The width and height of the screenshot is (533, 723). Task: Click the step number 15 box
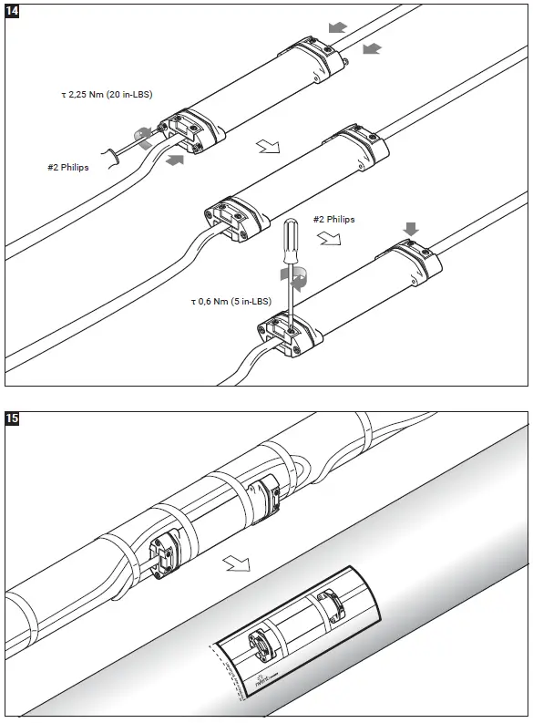[x=13, y=419]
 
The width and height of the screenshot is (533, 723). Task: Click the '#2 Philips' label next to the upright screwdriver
[x=333, y=220]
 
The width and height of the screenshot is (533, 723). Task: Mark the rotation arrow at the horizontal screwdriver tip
[x=142, y=136]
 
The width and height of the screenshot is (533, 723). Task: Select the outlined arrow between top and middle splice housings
[x=268, y=145]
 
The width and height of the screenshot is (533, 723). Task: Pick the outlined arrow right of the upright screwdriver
[x=330, y=239]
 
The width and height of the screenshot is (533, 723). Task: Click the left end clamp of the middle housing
[x=233, y=216]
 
